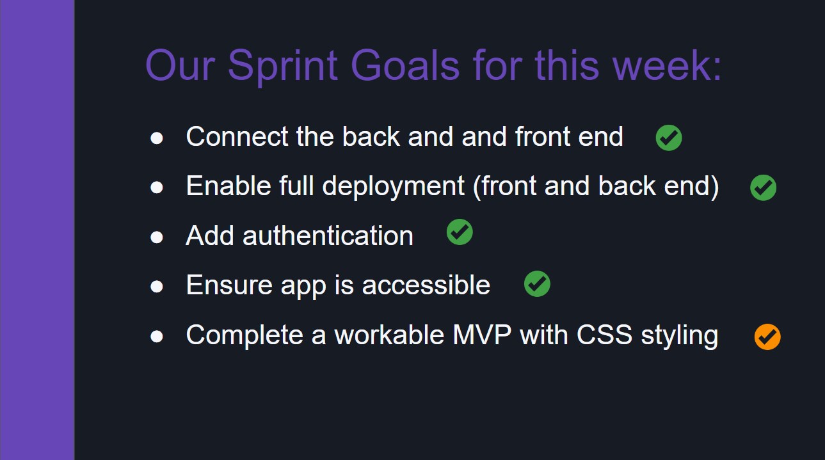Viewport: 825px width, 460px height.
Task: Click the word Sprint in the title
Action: click(282, 66)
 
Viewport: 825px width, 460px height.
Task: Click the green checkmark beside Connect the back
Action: click(669, 138)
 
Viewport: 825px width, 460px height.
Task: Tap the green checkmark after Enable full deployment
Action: click(763, 187)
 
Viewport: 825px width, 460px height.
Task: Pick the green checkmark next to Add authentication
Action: click(460, 232)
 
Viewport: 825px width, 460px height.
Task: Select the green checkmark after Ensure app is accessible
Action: click(537, 283)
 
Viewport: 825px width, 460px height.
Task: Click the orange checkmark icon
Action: click(767, 337)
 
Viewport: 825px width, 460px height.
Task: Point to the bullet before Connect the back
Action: click(157, 138)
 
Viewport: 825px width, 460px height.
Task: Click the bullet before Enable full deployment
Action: click(157, 187)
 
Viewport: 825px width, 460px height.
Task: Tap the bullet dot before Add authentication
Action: click(157, 237)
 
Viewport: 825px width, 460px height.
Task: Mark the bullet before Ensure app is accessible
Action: click(157, 287)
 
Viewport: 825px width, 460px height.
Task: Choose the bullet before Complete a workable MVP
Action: click(157, 337)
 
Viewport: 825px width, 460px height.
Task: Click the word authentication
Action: click(328, 236)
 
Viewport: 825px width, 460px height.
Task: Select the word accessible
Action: click(426, 285)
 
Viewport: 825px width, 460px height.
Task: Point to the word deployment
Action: click(393, 187)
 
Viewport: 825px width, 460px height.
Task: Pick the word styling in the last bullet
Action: click(680, 336)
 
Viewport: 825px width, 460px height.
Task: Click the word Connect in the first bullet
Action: click(237, 137)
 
